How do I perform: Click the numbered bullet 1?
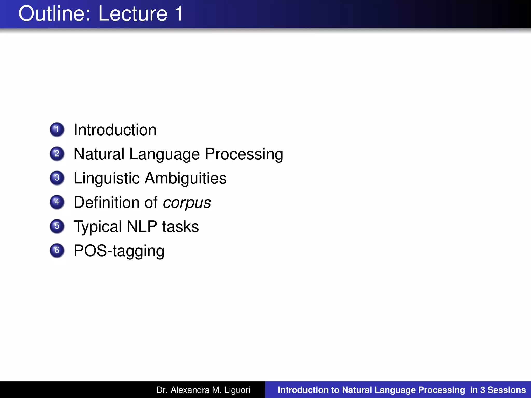57,129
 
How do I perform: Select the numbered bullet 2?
57,154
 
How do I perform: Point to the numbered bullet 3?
57,178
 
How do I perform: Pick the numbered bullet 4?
57,202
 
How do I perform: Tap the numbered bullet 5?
57,226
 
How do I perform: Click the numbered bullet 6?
57,250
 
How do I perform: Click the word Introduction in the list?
115,130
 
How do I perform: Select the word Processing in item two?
244,154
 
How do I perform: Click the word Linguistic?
107,178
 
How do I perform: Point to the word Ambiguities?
186,178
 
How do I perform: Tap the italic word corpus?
187,203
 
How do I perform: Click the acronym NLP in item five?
142,227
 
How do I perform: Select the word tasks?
180,227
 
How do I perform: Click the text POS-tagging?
119,251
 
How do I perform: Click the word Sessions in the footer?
507,390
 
